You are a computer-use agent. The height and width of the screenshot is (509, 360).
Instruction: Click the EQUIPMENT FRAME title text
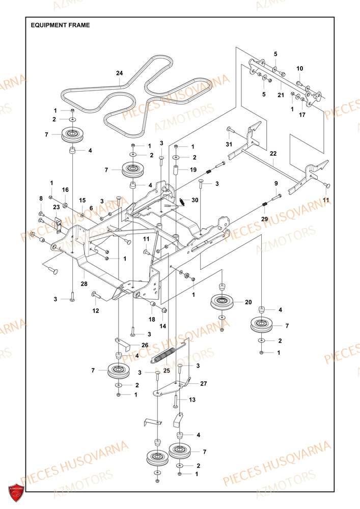pyautogui.click(x=60, y=25)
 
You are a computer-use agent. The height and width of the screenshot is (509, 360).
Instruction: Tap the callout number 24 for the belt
pyautogui.click(x=119, y=73)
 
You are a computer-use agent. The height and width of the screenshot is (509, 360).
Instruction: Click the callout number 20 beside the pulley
pyautogui.click(x=248, y=302)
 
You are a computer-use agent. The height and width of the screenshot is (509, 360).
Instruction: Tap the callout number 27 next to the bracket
pyautogui.click(x=204, y=384)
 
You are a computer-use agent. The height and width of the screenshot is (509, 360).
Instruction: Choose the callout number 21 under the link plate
pyautogui.click(x=280, y=95)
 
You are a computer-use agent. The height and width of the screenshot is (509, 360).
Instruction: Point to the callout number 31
pyautogui.click(x=229, y=145)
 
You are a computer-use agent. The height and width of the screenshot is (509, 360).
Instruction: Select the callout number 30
pyautogui.click(x=195, y=201)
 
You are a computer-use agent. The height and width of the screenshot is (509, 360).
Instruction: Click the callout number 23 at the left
pyautogui.click(x=56, y=208)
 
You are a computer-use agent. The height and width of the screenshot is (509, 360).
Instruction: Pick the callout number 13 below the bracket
pyautogui.click(x=192, y=400)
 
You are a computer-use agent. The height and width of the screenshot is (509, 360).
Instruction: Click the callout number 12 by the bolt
pyautogui.click(x=96, y=310)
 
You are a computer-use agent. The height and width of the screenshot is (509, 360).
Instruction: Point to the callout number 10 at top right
pyautogui.click(x=299, y=68)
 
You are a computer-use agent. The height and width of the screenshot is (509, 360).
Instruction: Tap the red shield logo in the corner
pyautogui.click(x=17, y=492)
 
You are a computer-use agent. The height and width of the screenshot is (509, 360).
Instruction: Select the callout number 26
pyautogui.click(x=145, y=346)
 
